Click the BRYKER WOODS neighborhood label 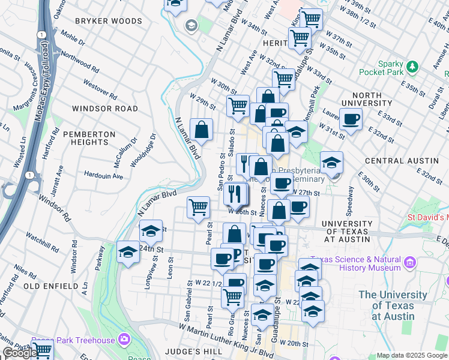coord(108,21)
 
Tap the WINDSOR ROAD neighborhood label coord(104,109)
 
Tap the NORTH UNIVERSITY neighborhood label coord(367,100)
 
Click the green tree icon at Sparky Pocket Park coord(412,65)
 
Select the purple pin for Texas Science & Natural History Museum coord(410,262)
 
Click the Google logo coord(20,353)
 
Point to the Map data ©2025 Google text coord(412,355)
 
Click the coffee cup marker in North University coord(351,119)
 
